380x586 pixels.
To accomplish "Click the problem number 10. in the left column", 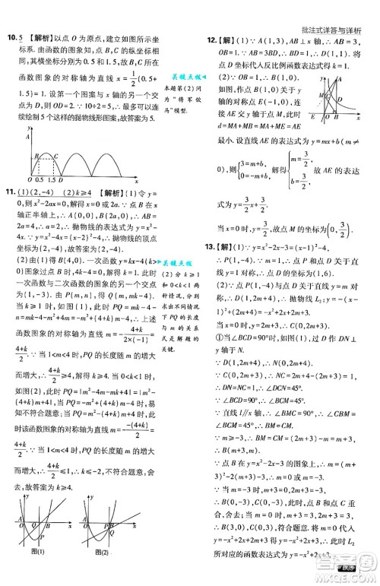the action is pyautogui.click(x=11, y=37).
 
